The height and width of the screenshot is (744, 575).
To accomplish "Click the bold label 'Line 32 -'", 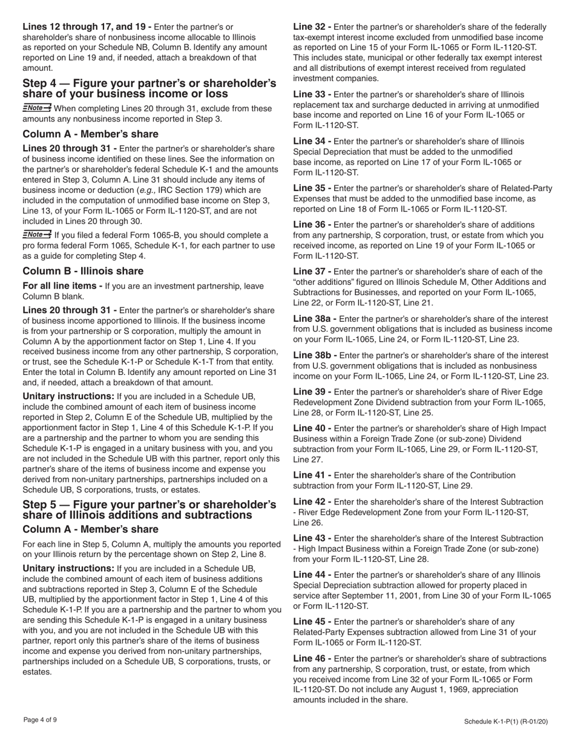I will (x=312, y=27).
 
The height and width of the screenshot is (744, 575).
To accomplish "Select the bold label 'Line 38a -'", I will (x=314, y=319).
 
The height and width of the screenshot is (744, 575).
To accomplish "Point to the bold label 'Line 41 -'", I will (x=312, y=475).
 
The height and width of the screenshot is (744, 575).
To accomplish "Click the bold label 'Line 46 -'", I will (x=312, y=659).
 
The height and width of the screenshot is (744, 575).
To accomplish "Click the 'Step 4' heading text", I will (x=149, y=88).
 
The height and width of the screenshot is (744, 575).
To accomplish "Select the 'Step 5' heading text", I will (x=149, y=509).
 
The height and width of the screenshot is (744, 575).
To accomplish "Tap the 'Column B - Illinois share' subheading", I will (x=83, y=271).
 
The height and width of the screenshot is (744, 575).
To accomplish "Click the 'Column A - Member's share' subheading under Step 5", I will (x=90, y=529).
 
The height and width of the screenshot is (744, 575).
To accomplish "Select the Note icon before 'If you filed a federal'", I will (x=37, y=235).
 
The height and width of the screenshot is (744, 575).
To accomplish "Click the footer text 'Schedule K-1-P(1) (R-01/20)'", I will (x=507, y=721).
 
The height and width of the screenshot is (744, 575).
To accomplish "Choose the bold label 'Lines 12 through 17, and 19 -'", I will (x=87, y=27).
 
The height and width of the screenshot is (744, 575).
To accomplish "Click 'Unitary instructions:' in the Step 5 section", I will (x=68, y=569).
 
